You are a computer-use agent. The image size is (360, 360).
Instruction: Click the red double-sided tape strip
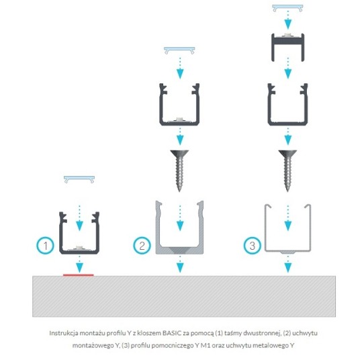tap(79, 275)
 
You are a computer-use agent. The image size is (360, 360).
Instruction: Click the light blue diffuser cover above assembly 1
tap(79, 179)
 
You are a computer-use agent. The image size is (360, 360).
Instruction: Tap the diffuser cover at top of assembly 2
tap(179, 49)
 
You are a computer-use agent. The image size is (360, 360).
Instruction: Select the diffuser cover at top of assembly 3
tap(287, 7)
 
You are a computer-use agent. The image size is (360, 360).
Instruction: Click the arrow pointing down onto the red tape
tap(79, 264)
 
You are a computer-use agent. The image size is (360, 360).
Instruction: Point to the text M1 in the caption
tap(206, 345)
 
